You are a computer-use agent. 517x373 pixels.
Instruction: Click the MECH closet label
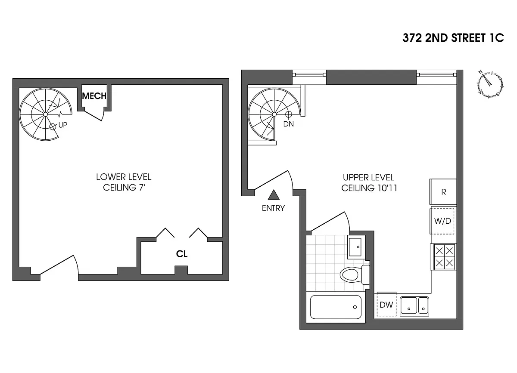pyautogui.click(x=94, y=96)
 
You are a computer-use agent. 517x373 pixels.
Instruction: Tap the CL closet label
pyautogui.click(x=182, y=254)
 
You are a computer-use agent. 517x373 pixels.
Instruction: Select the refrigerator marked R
pyautogui.click(x=443, y=192)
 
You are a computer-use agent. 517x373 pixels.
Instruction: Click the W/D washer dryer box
pyautogui.click(x=442, y=222)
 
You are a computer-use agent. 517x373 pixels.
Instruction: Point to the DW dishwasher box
pyautogui.click(x=386, y=305)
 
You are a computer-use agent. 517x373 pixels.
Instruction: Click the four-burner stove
pyautogui.click(x=443, y=257)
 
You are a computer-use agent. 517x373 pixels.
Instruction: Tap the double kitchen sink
pyautogui.click(x=414, y=306)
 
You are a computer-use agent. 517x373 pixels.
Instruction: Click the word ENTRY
pyautogui.click(x=273, y=208)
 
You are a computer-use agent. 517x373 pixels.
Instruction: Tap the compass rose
pyautogui.click(x=490, y=83)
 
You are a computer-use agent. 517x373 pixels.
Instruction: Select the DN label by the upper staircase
pyautogui.click(x=289, y=124)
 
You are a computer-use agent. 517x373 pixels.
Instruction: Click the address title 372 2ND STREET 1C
pyautogui.click(x=453, y=38)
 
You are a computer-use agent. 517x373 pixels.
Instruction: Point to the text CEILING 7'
pyautogui.click(x=123, y=188)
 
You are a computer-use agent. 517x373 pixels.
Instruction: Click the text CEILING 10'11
pyautogui.click(x=369, y=188)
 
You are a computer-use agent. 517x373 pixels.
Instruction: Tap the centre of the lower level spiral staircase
pyautogui.click(x=45, y=114)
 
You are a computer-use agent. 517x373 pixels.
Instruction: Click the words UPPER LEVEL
pyautogui.click(x=368, y=177)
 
